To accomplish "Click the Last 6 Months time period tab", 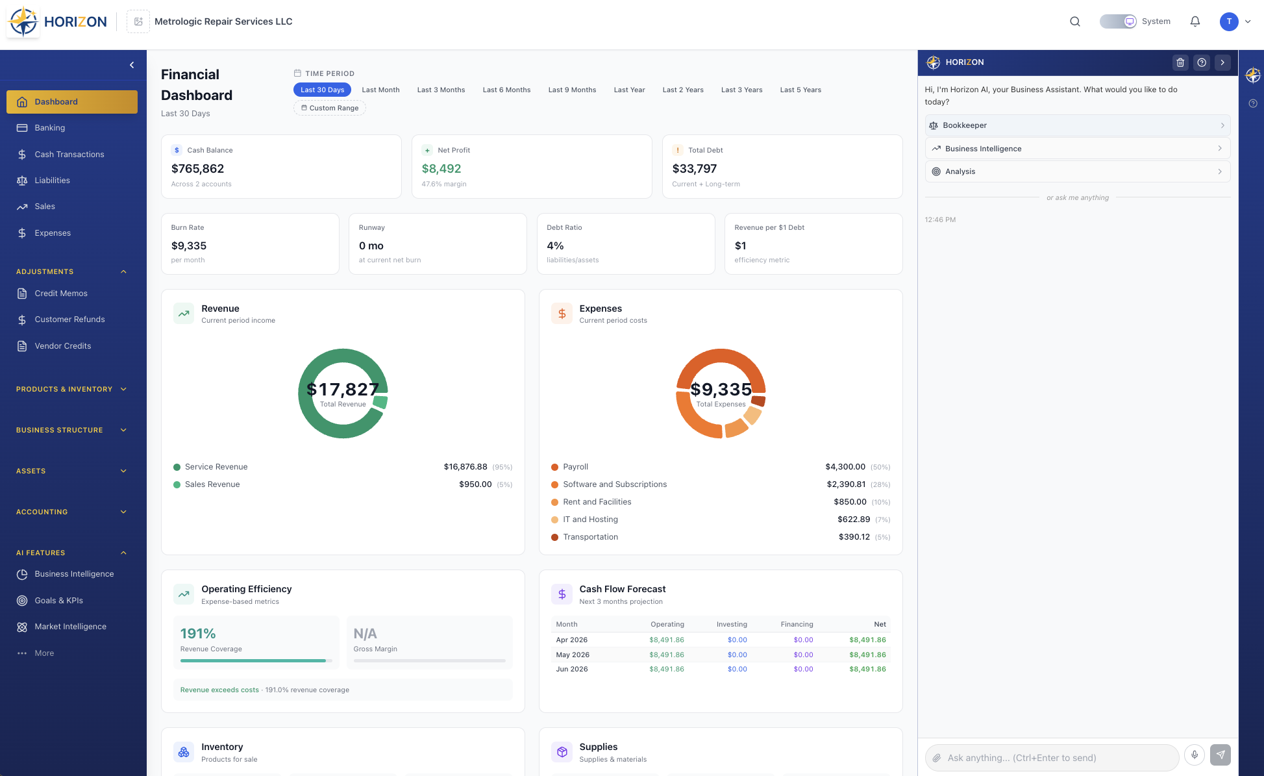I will [x=506, y=90].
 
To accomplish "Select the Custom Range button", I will [x=330, y=108].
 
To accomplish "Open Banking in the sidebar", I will [x=50, y=128].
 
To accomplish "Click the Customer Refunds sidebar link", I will [x=69, y=319].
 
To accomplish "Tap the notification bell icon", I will [x=1195, y=21].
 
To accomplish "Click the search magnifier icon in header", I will [x=1075, y=21].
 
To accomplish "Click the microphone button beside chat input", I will [x=1194, y=755].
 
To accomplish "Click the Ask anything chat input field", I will [x=1052, y=758].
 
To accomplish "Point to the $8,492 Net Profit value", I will [x=441, y=169].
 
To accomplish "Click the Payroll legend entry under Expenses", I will [x=575, y=467].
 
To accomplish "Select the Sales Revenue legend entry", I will [x=212, y=484].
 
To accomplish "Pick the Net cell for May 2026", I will [x=867, y=655].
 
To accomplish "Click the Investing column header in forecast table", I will [x=732, y=624].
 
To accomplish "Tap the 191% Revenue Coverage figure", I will [x=198, y=634].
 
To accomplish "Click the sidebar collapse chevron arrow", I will [x=132, y=65].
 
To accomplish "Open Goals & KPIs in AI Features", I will [x=58, y=601].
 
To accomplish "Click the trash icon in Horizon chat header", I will [x=1180, y=62].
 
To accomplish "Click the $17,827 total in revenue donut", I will [x=343, y=390].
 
